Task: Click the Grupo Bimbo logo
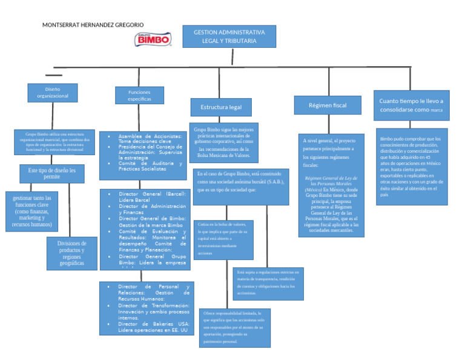[x=153, y=39]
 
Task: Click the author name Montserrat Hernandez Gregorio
[x=93, y=25]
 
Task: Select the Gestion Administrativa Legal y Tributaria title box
[x=229, y=36]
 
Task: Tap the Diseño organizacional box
[x=52, y=93]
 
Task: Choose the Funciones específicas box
[x=139, y=96]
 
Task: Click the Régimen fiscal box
[x=328, y=105]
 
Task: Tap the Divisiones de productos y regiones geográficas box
[x=71, y=253]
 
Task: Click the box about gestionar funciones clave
[x=31, y=211]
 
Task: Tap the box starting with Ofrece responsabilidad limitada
[x=235, y=328]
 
